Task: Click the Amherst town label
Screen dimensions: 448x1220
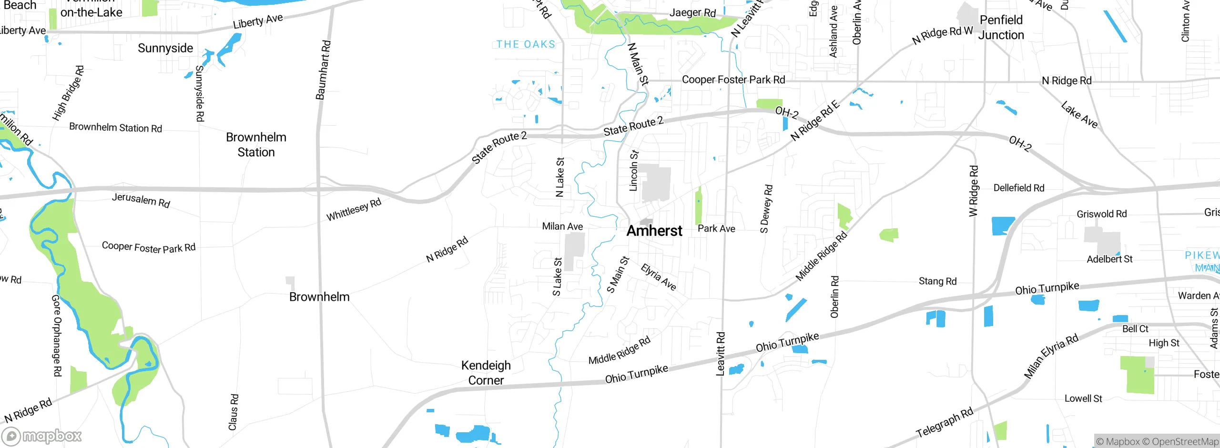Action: tap(654, 231)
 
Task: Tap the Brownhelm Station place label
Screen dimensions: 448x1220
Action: tap(256, 145)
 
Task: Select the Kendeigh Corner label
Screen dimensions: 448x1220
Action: tap(486, 373)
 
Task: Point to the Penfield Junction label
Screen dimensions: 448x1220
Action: tap(1001, 28)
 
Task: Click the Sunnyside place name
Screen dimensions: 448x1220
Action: tap(165, 48)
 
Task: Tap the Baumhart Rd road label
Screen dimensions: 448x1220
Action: tap(323, 70)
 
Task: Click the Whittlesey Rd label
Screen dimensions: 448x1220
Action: tap(354, 210)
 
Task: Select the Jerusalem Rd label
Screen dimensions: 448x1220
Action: tap(141, 200)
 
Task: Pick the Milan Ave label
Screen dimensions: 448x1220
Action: tap(562, 226)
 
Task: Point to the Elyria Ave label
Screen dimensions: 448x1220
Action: tap(659, 277)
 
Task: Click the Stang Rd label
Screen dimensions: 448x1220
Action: tap(937, 281)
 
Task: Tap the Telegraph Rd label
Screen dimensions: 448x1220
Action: tap(945, 423)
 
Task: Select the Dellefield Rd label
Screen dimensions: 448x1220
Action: tap(1019, 188)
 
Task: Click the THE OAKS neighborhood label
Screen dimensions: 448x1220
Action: tap(526, 44)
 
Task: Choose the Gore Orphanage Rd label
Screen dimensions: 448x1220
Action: tap(57, 336)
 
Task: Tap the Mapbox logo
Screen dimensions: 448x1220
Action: tap(42, 436)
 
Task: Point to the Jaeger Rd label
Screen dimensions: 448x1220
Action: tap(692, 13)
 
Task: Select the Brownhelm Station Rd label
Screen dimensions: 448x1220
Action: tap(116, 128)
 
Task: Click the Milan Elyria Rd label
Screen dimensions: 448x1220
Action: tap(1051, 356)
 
